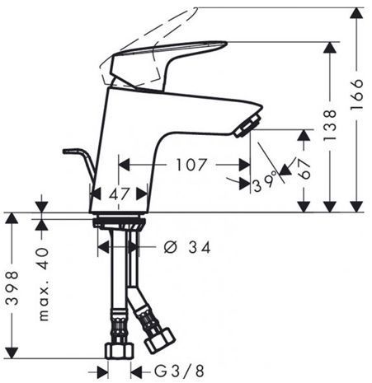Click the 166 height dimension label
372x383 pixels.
point(357,94)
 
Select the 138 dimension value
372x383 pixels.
point(330,125)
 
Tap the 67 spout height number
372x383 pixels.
point(304,169)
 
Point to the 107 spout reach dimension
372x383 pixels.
point(191,165)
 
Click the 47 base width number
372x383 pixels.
point(119,194)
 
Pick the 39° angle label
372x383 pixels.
point(265,182)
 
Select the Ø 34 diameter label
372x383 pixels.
point(187,247)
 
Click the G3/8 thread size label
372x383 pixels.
point(179,371)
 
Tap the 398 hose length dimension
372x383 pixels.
point(12,288)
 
